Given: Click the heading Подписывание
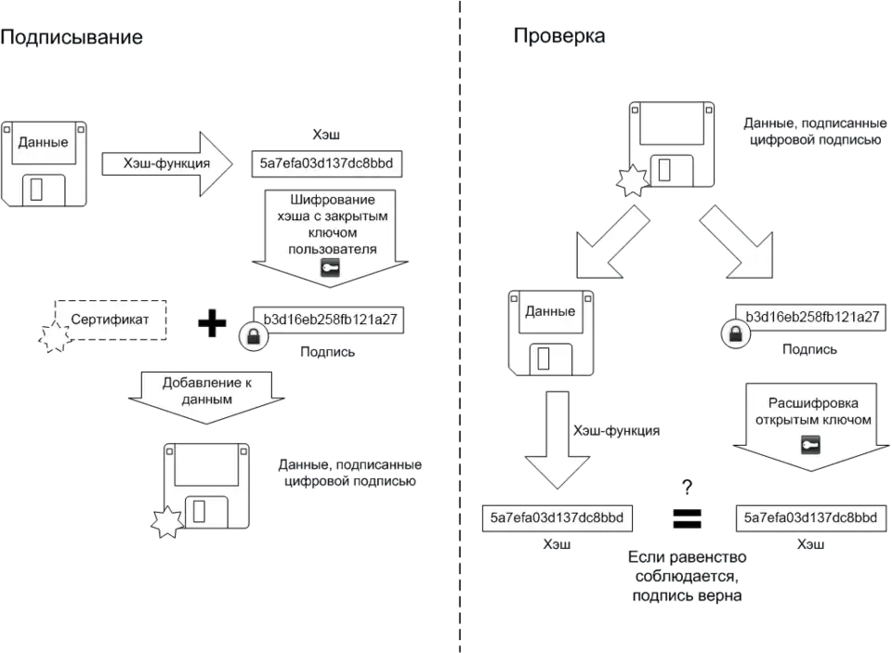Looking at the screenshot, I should pyautogui.click(x=72, y=38).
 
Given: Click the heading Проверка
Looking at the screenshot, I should pyautogui.click(x=560, y=36).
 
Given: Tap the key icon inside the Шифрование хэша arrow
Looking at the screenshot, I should pyautogui.click(x=331, y=268).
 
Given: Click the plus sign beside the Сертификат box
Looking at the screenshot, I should pyautogui.click(x=214, y=323).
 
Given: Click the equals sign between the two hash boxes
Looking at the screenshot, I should pyautogui.click(x=687, y=516).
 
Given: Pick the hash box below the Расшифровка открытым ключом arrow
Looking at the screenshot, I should pyautogui.click(x=807, y=517).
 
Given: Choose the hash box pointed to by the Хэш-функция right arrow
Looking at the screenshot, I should pyautogui.click(x=327, y=164).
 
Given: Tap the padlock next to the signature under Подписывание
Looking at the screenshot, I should pyautogui.click(x=252, y=335).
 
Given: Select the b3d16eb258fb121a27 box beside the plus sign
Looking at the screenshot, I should pyautogui.click(x=330, y=319).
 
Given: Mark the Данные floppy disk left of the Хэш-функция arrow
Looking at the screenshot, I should pyautogui.click(x=43, y=161).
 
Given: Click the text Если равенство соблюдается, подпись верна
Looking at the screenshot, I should pyautogui.click(x=687, y=576).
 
